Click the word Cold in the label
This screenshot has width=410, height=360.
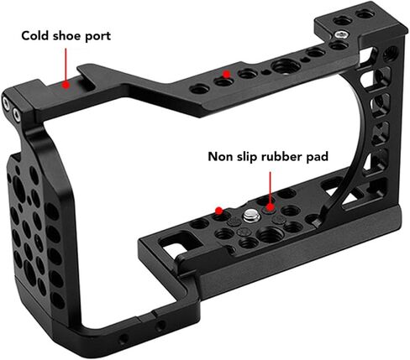tap(34, 36)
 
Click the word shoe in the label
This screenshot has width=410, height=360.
tap(66, 36)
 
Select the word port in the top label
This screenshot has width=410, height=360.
tap(97, 37)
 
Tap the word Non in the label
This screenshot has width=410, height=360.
tap(220, 157)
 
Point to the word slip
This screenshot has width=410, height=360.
tap(247, 157)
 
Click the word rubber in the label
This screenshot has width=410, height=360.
tap(281, 157)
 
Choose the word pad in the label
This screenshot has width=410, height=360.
tap(317, 157)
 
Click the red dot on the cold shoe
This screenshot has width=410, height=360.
tap(66, 85)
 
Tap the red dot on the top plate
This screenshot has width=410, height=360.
tap(226, 74)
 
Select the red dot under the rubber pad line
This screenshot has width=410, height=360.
tap(270, 207)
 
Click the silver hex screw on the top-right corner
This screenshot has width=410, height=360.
tap(341, 34)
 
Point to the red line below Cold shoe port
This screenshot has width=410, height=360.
tap(66, 65)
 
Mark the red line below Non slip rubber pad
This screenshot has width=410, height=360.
tap(270, 187)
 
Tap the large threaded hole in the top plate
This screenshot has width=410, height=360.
tap(286, 67)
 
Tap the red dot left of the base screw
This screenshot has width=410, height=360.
tap(218, 210)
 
